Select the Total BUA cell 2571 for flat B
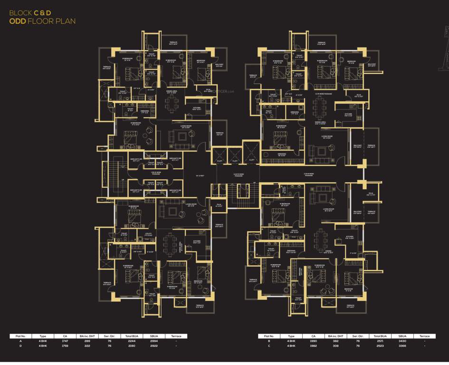click(378, 341)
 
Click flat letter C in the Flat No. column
click(269, 346)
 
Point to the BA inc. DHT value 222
click(87, 346)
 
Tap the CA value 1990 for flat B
click(313, 341)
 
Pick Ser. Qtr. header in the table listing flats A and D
click(108, 336)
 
